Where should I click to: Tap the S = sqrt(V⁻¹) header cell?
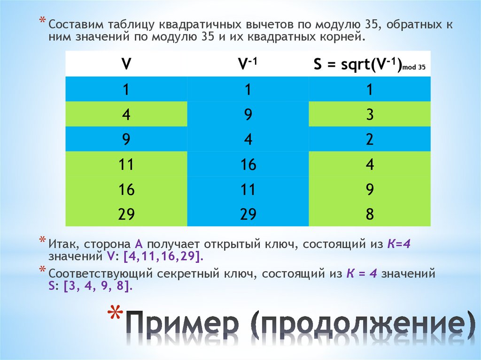(370, 65)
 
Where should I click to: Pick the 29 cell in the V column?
(126, 214)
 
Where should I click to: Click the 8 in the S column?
(370, 214)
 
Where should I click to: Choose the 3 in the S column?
(370, 115)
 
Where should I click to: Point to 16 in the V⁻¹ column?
(248, 165)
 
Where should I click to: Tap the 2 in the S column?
(370, 139)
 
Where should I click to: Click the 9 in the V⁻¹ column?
(248, 115)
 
